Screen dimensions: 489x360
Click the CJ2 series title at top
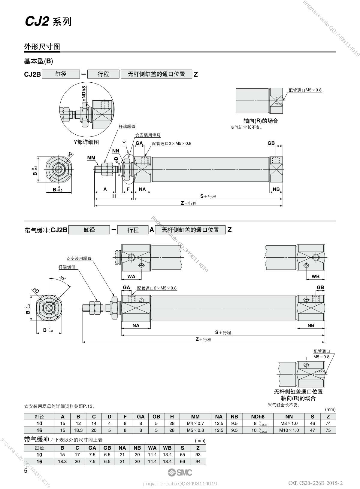pyautogui.click(x=48, y=22)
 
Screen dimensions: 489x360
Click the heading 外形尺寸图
pyautogui.click(x=42, y=47)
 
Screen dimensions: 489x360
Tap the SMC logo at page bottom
pyautogui.click(x=180, y=472)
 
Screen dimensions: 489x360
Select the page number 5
pyautogui.click(x=26, y=471)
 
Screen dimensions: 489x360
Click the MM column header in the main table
pyautogui.click(x=195, y=417)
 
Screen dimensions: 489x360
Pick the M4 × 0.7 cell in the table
pyautogui.click(x=195, y=423)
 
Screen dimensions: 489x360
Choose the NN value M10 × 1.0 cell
pyautogui.click(x=289, y=430)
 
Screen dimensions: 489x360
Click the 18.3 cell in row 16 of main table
pyautogui.click(x=78, y=430)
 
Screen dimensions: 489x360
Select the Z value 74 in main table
pyautogui.click(x=328, y=423)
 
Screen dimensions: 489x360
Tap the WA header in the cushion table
pyautogui.click(x=153, y=448)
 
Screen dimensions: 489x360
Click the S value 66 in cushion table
pyautogui.click(x=183, y=461)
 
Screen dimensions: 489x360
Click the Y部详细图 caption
pyautogui.click(x=86, y=142)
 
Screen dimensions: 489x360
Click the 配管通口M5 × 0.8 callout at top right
pyautogui.click(x=305, y=90)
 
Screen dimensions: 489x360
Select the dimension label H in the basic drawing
pyautogui.click(x=114, y=196)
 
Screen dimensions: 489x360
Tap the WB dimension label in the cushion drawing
pyautogui.click(x=315, y=277)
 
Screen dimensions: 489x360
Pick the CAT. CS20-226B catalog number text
pyautogui.click(x=315, y=483)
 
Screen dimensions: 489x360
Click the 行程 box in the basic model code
pyautogui.click(x=103, y=74)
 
